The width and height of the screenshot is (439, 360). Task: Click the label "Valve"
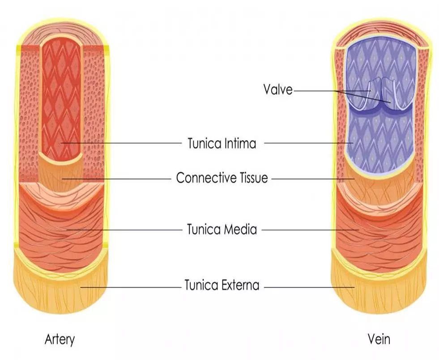(x=277, y=90)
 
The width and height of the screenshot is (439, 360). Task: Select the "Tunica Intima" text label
(x=222, y=144)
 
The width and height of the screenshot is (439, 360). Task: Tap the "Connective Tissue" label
(x=222, y=178)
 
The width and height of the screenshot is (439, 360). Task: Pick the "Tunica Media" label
(x=222, y=230)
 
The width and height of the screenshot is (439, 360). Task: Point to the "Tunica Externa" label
(x=222, y=285)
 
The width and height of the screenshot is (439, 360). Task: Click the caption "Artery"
(x=59, y=339)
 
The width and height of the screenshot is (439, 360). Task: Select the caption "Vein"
(x=379, y=339)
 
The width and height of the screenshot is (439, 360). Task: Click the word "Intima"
(x=240, y=144)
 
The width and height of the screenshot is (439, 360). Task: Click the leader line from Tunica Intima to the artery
(x=121, y=143)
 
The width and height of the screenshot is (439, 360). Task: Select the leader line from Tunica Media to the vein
(x=309, y=230)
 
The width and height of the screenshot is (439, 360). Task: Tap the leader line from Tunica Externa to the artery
(x=130, y=286)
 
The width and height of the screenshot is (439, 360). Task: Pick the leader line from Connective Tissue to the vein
(x=313, y=178)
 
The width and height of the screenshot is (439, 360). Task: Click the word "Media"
(x=242, y=230)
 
